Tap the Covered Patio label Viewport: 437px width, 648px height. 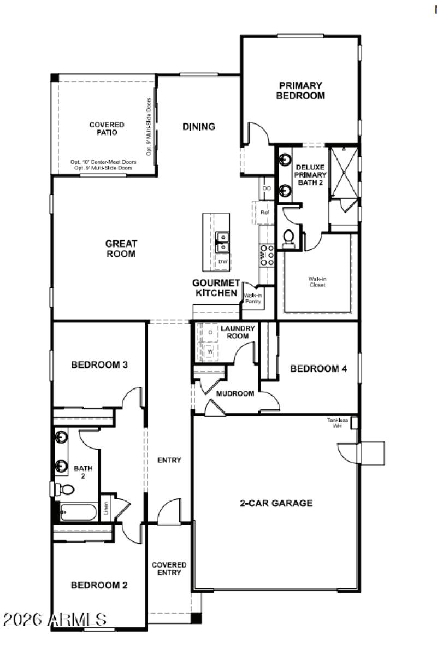pyautogui.click(x=107, y=128)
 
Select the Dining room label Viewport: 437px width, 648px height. pyautogui.click(x=198, y=127)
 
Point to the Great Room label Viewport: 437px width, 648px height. pyautogui.click(x=121, y=249)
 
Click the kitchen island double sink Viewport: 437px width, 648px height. pyautogui.click(x=222, y=242)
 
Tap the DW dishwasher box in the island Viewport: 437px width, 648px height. pyautogui.click(x=222, y=262)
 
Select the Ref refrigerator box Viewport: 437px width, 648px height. pyautogui.click(x=264, y=212)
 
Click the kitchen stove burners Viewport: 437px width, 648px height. pyautogui.click(x=267, y=255)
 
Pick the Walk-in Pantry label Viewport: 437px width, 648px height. pyautogui.click(x=253, y=298)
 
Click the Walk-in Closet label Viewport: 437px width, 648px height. pyautogui.click(x=317, y=282)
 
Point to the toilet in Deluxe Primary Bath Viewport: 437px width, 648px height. pyautogui.click(x=288, y=238)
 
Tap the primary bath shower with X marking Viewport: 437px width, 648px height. pyautogui.click(x=344, y=172)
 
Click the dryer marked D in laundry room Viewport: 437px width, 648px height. pyautogui.click(x=210, y=332)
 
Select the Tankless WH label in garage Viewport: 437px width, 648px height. pyautogui.click(x=338, y=422)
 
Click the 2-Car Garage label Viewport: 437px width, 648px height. pyautogui.click(x=276, y=503)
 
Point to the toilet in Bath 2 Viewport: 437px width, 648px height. pyautogui.click(x=64, y=488)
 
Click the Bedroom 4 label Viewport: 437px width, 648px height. pyautogui.click(x=318, y=369)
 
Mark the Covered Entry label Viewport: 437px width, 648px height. pyautogui.click(x=169, y=568)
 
